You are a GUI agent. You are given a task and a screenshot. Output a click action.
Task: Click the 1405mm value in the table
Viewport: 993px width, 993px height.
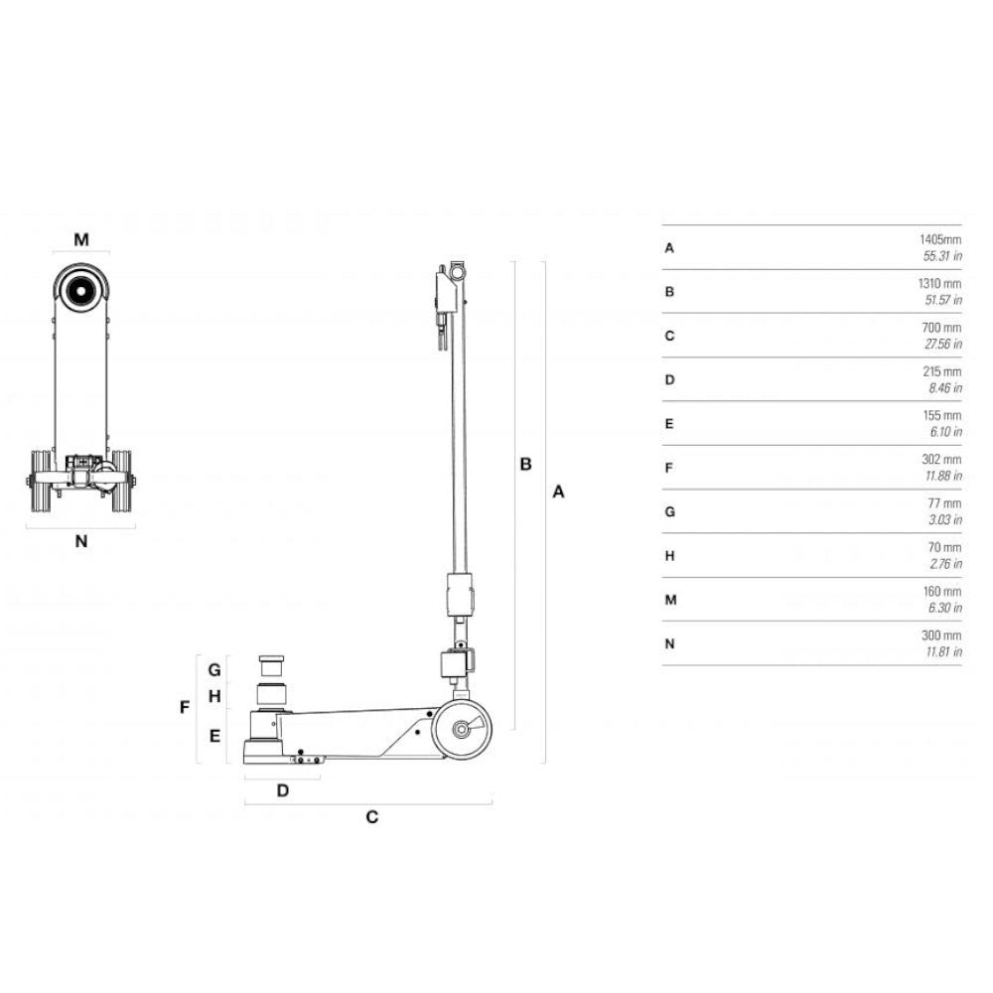tap(940, 239)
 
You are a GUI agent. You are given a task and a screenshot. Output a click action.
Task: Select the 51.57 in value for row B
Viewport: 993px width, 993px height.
tap(942, 299)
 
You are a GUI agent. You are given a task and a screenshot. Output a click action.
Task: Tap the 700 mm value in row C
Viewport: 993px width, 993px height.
tap(942, 328)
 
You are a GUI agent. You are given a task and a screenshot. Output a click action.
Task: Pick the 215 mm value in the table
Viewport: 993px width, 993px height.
tap(942, 371)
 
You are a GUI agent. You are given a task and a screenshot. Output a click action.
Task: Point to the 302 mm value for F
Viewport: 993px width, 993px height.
tap(942, 460)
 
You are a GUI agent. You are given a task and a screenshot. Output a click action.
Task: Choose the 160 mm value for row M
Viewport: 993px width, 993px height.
tap(942, 592)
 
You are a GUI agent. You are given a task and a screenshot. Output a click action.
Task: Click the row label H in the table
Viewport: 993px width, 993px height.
tap(669, 555)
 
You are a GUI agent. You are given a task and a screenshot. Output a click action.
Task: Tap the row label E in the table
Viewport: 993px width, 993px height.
tap(669, 423)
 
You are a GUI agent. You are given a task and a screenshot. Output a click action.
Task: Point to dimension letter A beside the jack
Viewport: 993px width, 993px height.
tap(558, 491)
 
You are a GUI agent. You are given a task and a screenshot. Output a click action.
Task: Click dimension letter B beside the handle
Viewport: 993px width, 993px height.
tap(526, 463)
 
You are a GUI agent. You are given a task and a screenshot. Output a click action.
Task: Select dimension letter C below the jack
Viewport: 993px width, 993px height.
tap(371, 817)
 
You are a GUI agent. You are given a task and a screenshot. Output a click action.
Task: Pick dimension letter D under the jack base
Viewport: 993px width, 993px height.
tap(282, 791)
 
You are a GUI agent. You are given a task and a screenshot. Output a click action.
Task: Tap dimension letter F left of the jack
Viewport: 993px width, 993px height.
tap(184, 708)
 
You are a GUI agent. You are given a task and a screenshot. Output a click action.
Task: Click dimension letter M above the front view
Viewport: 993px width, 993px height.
tap(81, 239)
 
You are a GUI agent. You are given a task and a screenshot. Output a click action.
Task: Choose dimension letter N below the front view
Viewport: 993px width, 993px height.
tap(81, 541)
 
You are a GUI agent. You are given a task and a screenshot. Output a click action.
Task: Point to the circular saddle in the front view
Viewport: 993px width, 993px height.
tap(80, 290)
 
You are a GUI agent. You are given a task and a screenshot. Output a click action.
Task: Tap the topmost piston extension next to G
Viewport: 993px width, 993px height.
tap(270, 664)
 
